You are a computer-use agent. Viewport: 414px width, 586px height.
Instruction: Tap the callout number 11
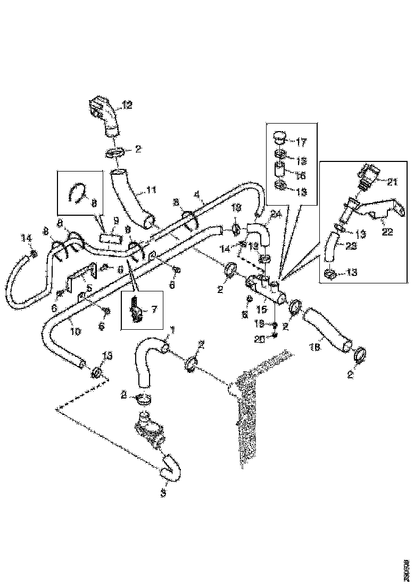click(152, 189)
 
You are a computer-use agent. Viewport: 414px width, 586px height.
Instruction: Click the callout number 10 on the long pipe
click(76, 331)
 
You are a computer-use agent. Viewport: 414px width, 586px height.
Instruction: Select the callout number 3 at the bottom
click(163, 493)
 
